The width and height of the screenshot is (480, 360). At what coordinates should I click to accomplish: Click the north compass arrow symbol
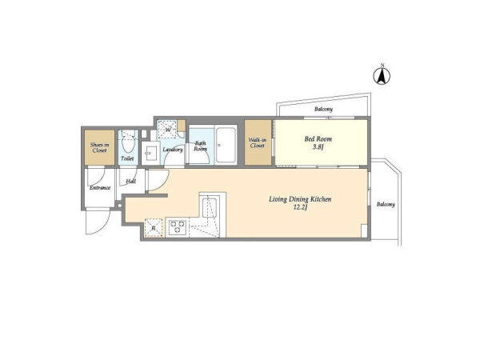tap(382, 75)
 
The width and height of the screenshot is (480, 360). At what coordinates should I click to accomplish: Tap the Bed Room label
tap(318, 139)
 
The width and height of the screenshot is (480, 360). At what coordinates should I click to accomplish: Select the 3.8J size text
tap(318, 147)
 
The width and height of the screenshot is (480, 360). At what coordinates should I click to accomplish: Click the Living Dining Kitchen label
tap(300, 199)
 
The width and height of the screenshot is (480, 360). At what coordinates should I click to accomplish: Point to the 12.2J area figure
tap(300, 207)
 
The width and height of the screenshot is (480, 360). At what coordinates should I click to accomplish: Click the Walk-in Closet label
tap(257, 143)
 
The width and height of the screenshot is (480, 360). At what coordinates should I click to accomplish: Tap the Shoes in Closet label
tap(99, 147)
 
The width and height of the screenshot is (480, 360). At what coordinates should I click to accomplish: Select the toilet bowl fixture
tap(128, 141)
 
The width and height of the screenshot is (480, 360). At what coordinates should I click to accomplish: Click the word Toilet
tap(127, 158)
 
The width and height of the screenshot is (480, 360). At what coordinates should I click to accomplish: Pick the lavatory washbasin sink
tap(150, 153)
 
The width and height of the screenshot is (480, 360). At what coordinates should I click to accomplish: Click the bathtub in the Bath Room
tap(226, 145)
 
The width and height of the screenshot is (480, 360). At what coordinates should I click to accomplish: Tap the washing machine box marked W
tap(167, 130)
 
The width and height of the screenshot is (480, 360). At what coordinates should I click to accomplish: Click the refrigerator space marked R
tap(154, 227)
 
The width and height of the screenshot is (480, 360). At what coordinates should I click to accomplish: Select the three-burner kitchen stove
tap(178, 227)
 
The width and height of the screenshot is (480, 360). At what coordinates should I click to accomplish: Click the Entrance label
tap(100, 188)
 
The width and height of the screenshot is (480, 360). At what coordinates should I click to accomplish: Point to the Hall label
tap(131, 182)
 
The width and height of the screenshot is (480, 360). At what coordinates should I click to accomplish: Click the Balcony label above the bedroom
tap(323, 109)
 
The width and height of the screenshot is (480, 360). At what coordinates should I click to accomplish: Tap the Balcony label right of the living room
tap(386, 204)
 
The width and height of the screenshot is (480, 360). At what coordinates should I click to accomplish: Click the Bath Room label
tap(201, 146)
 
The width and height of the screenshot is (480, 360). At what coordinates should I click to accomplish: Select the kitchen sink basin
tap(210, 207)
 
